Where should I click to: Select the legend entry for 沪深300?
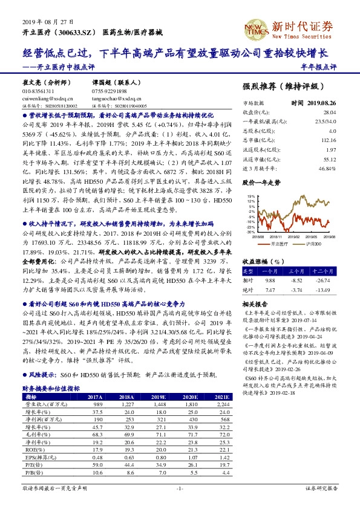[x=313, y=244]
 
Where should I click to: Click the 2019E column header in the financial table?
[x=158, y=397]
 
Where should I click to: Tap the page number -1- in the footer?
[x=180, y=488]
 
